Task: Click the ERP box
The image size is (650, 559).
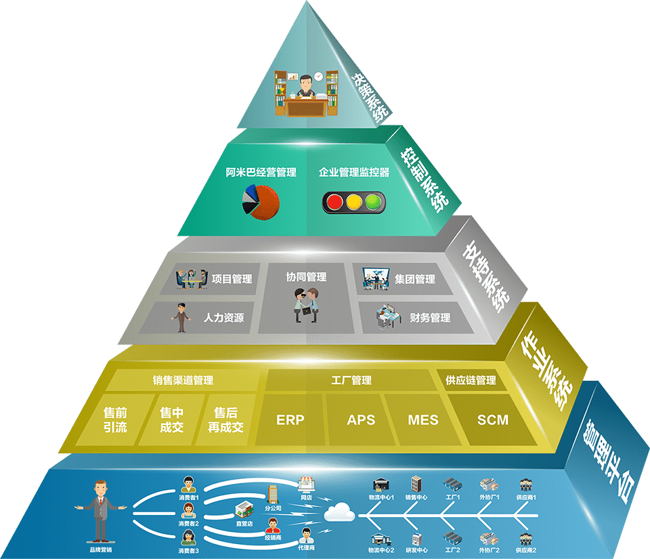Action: click(x=290, y=419)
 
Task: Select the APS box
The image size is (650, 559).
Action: click(x=360, y=419)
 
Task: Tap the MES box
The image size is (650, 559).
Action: click(x=422, y=419)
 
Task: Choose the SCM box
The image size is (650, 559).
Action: click(x=492, y=419)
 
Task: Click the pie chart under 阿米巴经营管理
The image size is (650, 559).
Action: click(x=260, y=201)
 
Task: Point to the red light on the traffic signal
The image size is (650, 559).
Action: click(x=333, y=201)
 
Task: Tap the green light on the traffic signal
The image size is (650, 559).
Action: click(x=372, y=201)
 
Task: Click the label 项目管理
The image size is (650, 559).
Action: click(x=232, y=279)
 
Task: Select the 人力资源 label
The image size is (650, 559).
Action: click(x=223, y=317)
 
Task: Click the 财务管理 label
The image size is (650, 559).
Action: click(x=430, y=317)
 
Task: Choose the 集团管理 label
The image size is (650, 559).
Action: click(x=414, y=278)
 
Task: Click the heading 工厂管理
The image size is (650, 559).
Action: click(x=351, y=381)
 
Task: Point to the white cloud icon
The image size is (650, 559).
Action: click(x=339, y=513)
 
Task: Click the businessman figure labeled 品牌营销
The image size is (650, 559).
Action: click(x=100, y=508)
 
